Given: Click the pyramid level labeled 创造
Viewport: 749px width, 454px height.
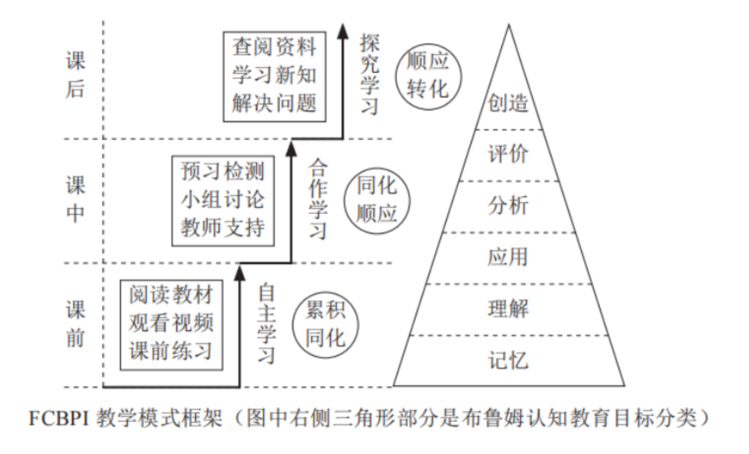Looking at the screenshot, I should [x=508, y=103].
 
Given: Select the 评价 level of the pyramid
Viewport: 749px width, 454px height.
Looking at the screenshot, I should [x=508, y=154].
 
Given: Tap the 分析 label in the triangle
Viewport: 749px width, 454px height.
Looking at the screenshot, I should [x=508, y=206].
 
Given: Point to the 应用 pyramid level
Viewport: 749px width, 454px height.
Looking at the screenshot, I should [x=508, y=257].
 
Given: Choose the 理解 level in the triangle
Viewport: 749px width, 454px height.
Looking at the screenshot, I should [x=508, y=309].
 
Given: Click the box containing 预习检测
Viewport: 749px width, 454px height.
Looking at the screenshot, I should [x=223, y=200].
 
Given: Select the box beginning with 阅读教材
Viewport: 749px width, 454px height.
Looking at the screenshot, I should [x=171, y=324].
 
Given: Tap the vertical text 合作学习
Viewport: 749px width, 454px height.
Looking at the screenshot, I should [x=318, y=198].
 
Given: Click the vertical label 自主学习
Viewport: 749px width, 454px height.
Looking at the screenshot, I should [x=267, y=323].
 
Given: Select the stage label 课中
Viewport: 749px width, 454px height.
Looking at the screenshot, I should [x=76, y=199].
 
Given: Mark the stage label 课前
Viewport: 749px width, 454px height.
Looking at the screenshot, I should [x=76, y=324].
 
